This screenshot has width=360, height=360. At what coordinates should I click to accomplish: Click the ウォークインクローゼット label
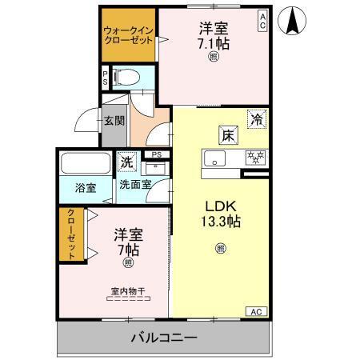pyautogui.click(x=127, y=36)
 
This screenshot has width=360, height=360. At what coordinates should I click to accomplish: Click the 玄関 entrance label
pyautogui.click(x=114, y=122)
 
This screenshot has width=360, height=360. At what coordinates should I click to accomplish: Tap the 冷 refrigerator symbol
pyautogui.click(x=257, y=118)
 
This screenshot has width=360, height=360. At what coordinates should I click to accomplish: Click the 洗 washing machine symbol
pyautogui.click(x=128, y=162)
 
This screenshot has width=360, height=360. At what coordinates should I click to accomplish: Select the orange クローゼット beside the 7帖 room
pyautogui.click(x=71, y=234)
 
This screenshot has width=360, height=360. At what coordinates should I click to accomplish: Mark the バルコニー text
pyautogui.click(x=164, y=338)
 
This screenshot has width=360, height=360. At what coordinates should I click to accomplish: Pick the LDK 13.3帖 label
pyautogui.click(x=220, y=212)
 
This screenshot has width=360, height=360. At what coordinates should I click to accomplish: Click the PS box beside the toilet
pyautogui.click(x=105, y=78)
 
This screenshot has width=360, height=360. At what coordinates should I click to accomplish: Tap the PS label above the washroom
pyautogui.click(x=157, y=154)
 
